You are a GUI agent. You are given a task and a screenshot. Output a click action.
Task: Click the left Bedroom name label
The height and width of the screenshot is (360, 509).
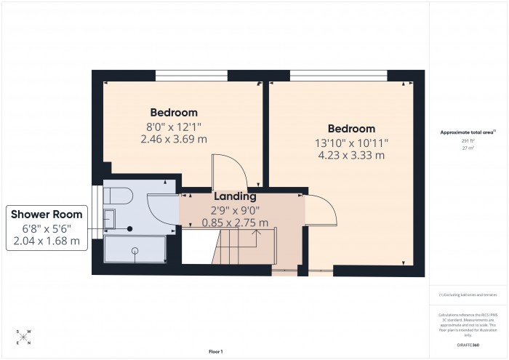(x=174, y=113)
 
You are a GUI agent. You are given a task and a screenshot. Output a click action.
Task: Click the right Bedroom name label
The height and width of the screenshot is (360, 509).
(x=350, y=129)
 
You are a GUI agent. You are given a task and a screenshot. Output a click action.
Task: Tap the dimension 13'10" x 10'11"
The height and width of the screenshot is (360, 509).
(x=350, y=143)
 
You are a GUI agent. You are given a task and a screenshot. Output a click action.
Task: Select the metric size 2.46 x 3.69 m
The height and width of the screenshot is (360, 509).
(x=174, y=138)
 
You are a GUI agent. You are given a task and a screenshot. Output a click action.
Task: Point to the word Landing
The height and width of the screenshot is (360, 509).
(x=234, y=196)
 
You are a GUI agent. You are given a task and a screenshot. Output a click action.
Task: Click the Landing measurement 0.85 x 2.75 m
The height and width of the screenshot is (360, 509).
(x=234, y=223)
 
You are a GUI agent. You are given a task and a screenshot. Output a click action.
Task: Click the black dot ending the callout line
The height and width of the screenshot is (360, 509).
(x=130, y=228)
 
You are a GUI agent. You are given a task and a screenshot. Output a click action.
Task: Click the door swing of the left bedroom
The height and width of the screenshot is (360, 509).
(x=230, y=172)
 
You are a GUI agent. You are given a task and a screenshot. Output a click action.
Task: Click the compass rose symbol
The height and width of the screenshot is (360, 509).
(x=23, y=337)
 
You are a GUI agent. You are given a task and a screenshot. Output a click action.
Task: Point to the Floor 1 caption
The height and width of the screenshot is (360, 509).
(x=215, y=351)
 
